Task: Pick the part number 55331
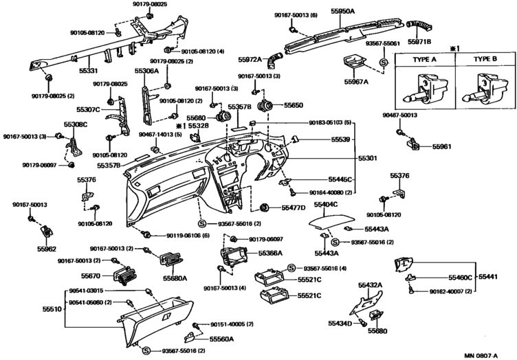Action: click(83, 71)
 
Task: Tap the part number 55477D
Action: click(293, 207)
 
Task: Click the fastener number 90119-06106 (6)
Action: click(190, 235)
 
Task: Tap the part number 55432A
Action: click(370, 284)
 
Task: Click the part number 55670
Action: click(91, 276)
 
